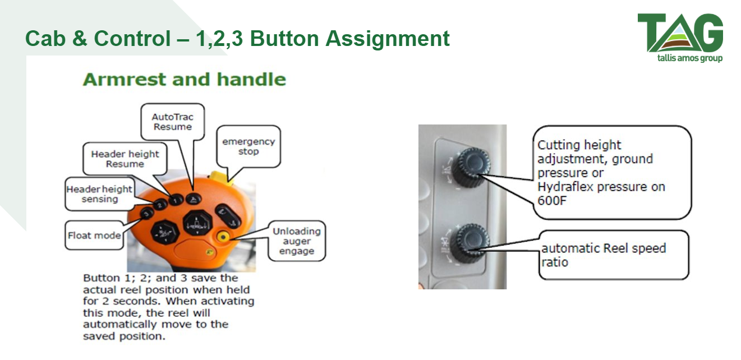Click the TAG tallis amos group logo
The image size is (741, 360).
680,38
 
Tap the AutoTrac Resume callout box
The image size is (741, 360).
173,122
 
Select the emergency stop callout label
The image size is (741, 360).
248,146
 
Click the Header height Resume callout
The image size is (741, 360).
125,159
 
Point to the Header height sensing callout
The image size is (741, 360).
100,194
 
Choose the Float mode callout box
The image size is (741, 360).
94,236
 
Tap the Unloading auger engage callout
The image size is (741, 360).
297,241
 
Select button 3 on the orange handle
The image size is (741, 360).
146,213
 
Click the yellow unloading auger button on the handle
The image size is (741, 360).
223,237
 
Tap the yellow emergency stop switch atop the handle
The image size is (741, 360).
220,177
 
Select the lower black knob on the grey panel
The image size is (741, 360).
470,243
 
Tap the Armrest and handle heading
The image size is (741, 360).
184,80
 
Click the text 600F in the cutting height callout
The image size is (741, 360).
552,201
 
